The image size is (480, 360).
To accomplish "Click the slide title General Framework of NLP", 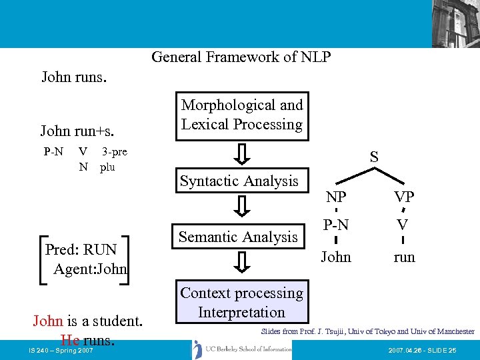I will pos(241,57).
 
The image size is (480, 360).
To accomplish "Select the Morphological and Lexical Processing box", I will pos(242,115).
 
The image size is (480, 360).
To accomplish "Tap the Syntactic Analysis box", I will pos(239,181).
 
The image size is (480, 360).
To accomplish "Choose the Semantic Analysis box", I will pos(238,237).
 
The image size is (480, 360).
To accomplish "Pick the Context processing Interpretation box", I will pos(241,303).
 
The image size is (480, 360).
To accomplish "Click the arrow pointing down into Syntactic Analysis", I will pos(243,153).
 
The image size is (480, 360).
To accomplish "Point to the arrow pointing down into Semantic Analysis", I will pos(243,208).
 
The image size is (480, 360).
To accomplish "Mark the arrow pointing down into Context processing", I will pos(243,263).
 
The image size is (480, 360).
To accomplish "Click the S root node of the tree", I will pos(374,158).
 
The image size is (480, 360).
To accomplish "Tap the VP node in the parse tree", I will pos(404,197).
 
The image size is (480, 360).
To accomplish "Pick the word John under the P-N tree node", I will pos(335,257).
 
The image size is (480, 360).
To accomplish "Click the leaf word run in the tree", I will pos(404,257).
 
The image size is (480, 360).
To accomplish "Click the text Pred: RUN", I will pos(81,250).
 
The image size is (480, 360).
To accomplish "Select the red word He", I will pos(70,340).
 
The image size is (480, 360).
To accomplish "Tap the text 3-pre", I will pos(114,152).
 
